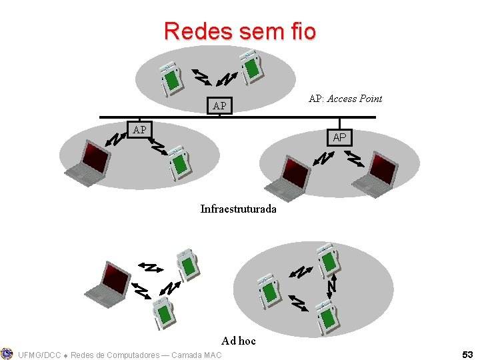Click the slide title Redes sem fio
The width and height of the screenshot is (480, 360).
(240, 31)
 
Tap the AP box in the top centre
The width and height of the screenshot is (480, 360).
(219, 106)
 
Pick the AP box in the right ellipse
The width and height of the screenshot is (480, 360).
(339, 137)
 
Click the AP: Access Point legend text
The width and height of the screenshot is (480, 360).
(345, 99)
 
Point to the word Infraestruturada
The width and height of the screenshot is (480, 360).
(238, 209)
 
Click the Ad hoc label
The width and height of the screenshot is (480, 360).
(239, 341)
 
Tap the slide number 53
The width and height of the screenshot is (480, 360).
(467, 355)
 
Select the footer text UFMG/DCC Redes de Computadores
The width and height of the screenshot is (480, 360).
(120, 355)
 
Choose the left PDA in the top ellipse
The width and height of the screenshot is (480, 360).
(170, 77)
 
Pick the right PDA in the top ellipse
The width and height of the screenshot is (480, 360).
(252, 67)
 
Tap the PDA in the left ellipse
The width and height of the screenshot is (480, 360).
(180, 163)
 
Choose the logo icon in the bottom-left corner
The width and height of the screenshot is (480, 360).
(7, 353)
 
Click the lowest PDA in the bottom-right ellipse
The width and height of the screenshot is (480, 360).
(327, 315)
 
